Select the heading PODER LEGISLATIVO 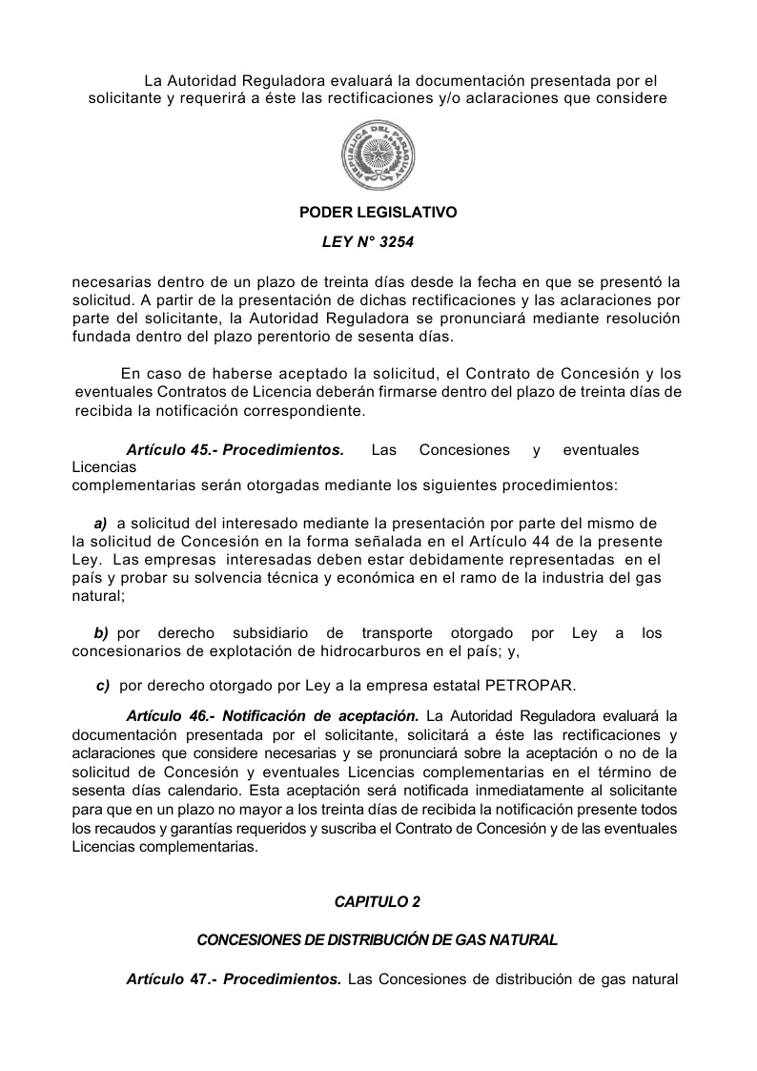378,213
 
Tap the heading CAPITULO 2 378,901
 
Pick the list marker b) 101,633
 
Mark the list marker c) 104,685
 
